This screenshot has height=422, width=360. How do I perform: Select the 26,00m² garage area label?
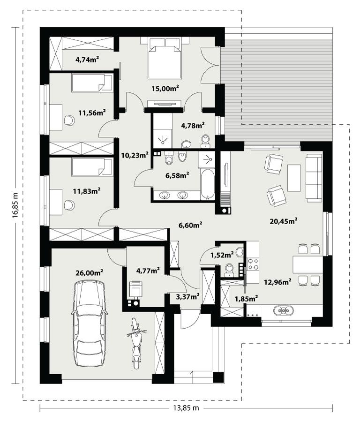pyautogui.click(x=89, y=271)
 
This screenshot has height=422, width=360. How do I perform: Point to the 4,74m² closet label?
pyautogui.click(x=87, y=59)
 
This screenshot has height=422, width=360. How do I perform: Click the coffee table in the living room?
pyautogui.click(x=294, y=178)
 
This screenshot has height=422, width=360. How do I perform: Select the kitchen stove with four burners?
pyautogui.click(x=253, y=265)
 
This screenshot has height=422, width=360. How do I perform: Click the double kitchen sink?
pyautogui.click(x=284, y=310)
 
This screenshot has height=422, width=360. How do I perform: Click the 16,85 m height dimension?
pyautogui.click(x=15, y=204)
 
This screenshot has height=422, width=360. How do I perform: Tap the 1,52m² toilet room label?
pyautogui.click(x=222, y=255)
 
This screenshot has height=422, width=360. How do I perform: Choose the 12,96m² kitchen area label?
pyautogui.click(x=277, y=281)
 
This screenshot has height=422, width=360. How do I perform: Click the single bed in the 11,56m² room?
pyautogui.click(x=92, y=83)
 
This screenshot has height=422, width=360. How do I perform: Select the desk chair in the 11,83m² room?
pyautogui.click(x=69, y=205)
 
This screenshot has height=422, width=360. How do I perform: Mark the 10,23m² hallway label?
pyautogui.click(x=135, y=156)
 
